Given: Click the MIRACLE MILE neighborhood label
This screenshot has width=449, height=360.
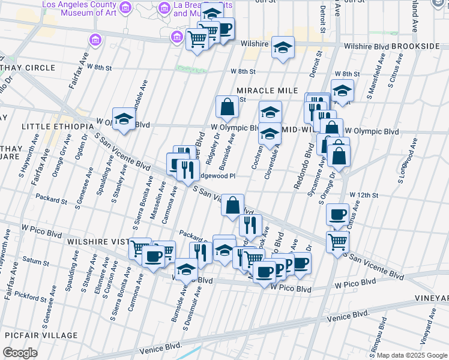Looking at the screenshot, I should pyautogui.click(x=267, y=90).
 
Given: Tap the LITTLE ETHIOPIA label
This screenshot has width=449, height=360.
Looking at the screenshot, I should pyautogui.click(x=51, y=127).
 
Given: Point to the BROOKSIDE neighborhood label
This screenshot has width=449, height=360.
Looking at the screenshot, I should pyautogui.click(x=428, y=46).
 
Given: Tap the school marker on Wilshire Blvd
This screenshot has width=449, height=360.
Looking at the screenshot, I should pyautogui.click(x=283, y=47).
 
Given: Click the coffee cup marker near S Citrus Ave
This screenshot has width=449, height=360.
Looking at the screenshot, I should pyautogui.click(x=337, y=215).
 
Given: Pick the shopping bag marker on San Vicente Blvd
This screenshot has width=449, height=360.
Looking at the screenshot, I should pyautogui.click(x=232, y=205).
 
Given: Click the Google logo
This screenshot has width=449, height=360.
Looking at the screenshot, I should pyautogui.click(x=20, y=352).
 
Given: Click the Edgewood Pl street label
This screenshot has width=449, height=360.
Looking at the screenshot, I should pyautogui.click(x=217, y=176).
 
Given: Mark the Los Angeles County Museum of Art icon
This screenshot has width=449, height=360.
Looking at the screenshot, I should pyautogui.click(x=125, y=8).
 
